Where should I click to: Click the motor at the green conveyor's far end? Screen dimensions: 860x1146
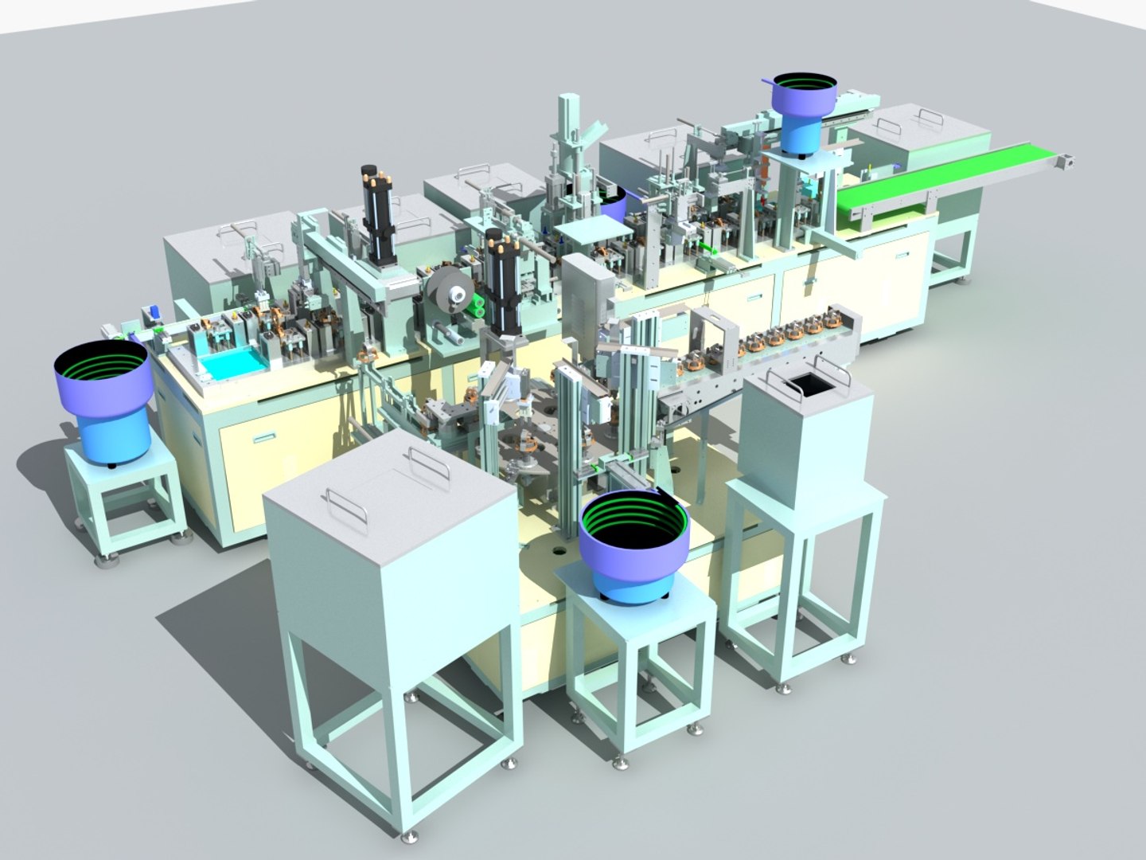tap(1066, 162)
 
